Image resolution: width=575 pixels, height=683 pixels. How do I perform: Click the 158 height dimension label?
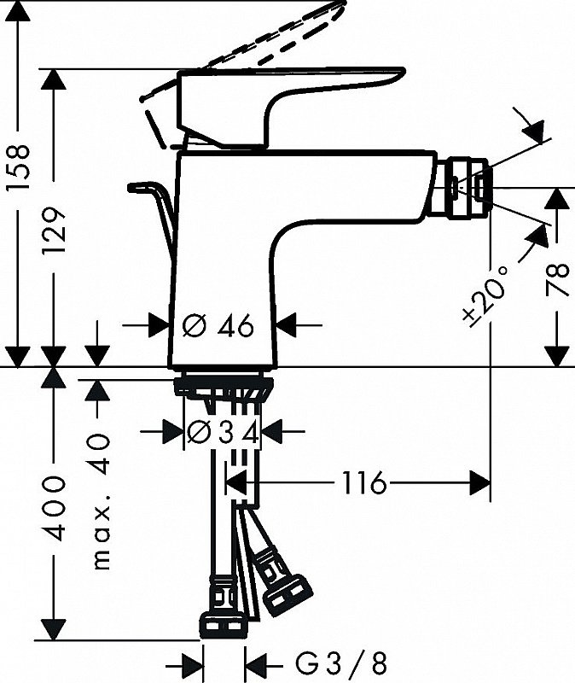coord(18,168)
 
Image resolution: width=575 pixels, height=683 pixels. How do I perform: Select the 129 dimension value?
coord(54,231)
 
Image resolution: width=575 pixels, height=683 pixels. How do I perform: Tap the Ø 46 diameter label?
coord(218,325)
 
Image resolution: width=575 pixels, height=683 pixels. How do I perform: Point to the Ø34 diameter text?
coord(223,433)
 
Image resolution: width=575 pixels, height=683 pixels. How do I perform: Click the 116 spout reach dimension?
coord(364,482)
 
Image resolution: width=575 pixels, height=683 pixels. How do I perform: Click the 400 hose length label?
coord(54,509)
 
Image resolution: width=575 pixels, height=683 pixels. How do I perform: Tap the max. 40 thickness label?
coord(102,501)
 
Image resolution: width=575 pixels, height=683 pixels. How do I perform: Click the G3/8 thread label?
coord(341,664)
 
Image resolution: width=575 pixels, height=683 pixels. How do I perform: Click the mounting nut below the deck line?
coord(224,387)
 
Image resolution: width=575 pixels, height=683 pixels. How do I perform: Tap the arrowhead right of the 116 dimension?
coord(480,482)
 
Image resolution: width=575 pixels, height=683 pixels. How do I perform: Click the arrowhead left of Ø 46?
coord(159,325)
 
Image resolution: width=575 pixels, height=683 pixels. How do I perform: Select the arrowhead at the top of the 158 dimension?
coord(18,11)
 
